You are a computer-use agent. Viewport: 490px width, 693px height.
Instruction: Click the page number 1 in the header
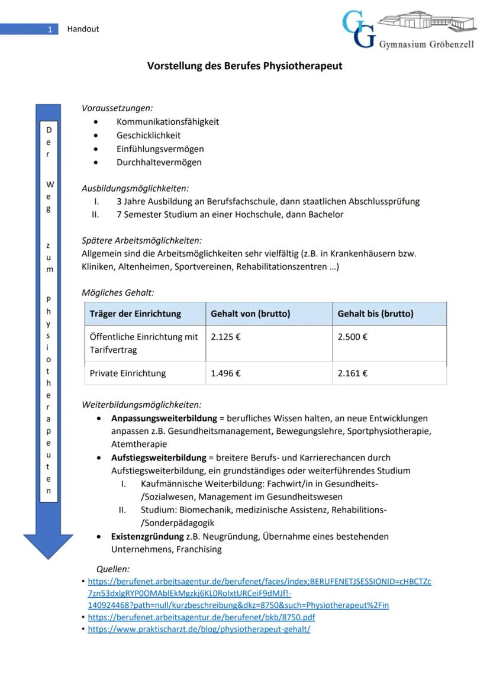50,29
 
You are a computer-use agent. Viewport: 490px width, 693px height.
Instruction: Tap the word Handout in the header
83,29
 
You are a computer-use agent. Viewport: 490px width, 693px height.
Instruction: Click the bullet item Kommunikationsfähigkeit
167,121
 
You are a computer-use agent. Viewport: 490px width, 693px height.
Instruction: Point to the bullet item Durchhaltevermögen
159,162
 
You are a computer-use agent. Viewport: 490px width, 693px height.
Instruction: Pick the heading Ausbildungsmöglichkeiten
135,188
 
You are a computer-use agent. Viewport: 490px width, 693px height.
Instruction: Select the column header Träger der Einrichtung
135,314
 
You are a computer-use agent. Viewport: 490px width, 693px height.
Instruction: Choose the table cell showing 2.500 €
353,337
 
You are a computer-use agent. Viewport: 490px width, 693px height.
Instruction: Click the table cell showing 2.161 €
353,373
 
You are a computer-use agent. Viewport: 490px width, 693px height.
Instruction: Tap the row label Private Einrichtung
128,373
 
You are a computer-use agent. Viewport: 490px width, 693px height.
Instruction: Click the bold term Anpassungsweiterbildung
164,418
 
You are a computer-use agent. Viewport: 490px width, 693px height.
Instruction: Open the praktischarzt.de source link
199,629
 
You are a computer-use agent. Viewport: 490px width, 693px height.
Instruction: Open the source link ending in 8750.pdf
201,617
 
